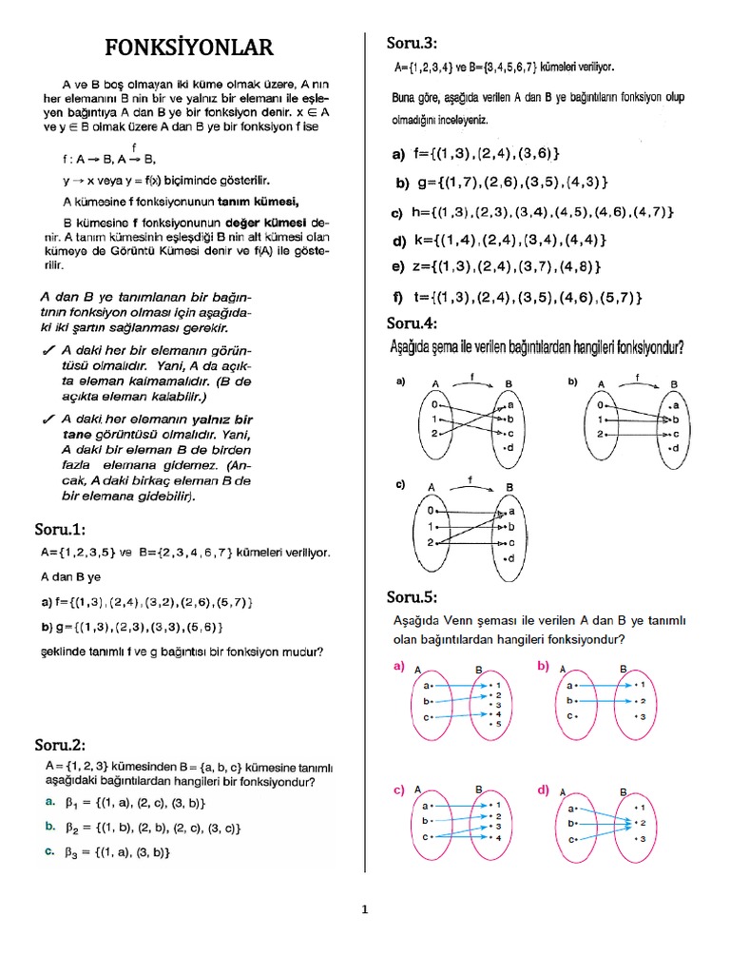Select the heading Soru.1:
pos(68,530)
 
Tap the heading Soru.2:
pos(68,744)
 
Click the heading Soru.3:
pos(412,43)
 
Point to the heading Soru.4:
pos(412,323)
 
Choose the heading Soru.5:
pos(412,597)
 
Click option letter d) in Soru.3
pos(398,240)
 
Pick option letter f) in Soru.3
pos(397,298)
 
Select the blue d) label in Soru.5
pos(544,789)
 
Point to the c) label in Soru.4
pos(400,485)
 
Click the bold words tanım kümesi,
pos(259,201)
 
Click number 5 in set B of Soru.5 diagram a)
pos(496,725)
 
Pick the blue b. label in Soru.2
pos(49,828)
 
